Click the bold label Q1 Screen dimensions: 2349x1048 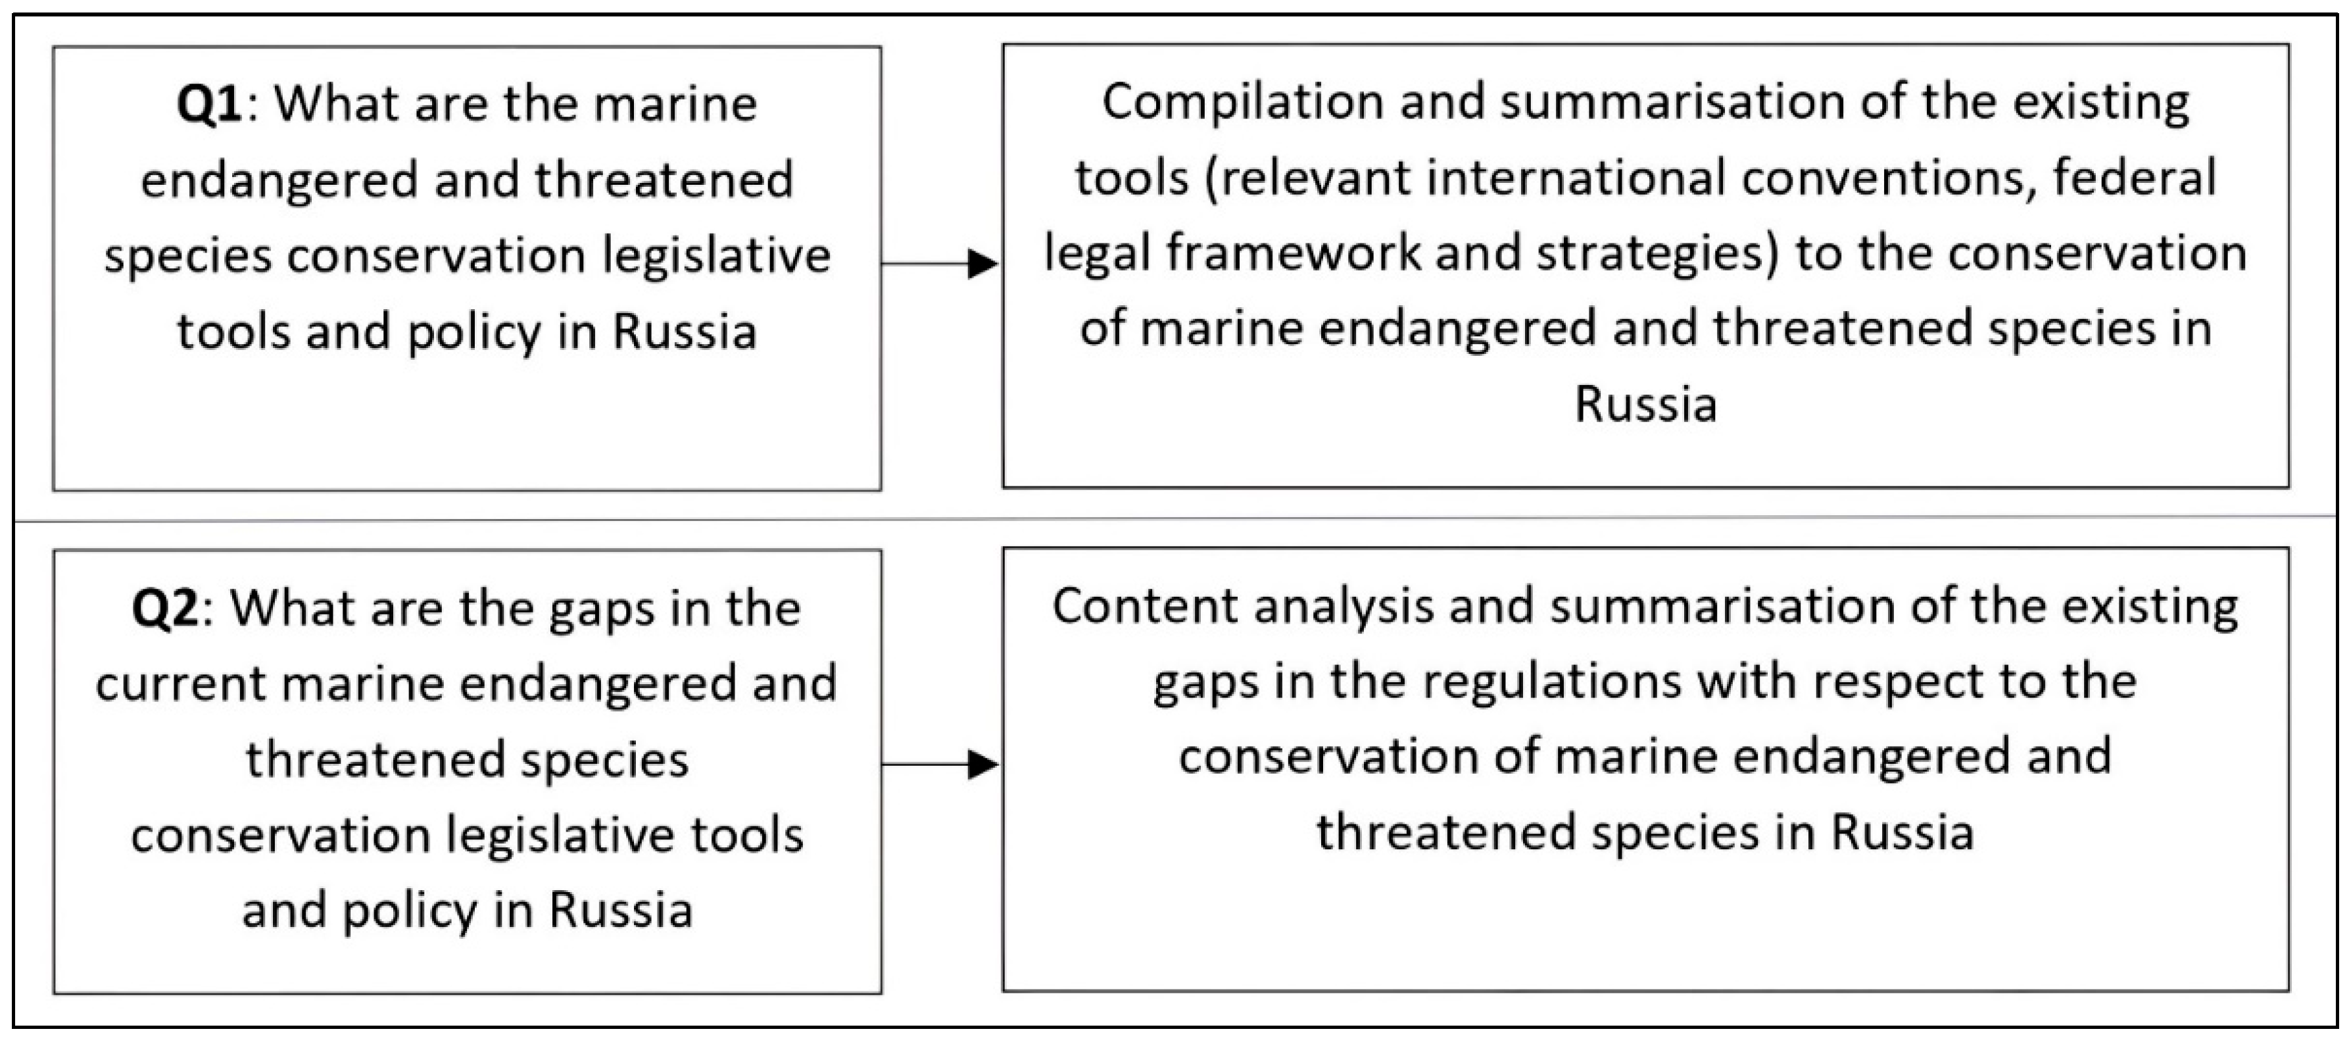210,104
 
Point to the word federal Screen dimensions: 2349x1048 2135,177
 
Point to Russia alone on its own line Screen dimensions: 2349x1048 1645,404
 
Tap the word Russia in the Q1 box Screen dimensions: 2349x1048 685,331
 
